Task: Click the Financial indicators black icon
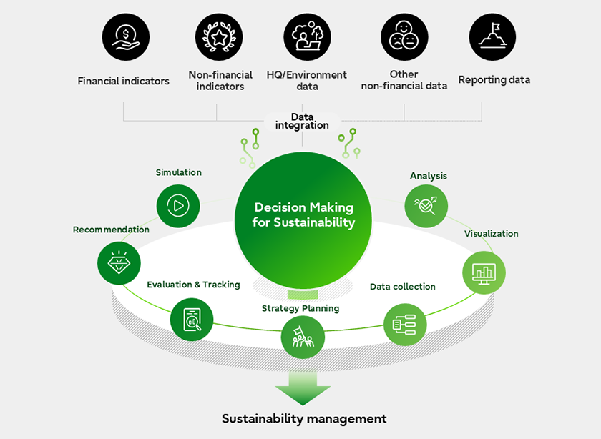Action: click(x=124, y=36)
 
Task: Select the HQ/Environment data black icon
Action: click(x=307, y=36)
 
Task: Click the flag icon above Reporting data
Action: click(x=492, y=36)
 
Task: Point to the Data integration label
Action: click(x=302, y=121)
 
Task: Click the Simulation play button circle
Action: click(x=177, y=206)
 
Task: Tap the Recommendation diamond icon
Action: click(x=119, y=262)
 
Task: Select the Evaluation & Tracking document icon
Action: click(x=192, y=319)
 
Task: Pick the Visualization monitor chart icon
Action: click(x=484, y=272)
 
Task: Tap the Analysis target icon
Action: click(x=426, y=207)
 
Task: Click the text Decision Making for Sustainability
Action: click(x=303, y=214)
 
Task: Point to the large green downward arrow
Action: click(x=303, y=388)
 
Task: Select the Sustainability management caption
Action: click(x=304, y=418)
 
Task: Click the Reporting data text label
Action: click(x=494, y=80)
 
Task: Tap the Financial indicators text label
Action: click(x=124, y=81)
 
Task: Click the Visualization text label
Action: click(x=491, y=234)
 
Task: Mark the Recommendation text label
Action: click(x=111, y=230)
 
